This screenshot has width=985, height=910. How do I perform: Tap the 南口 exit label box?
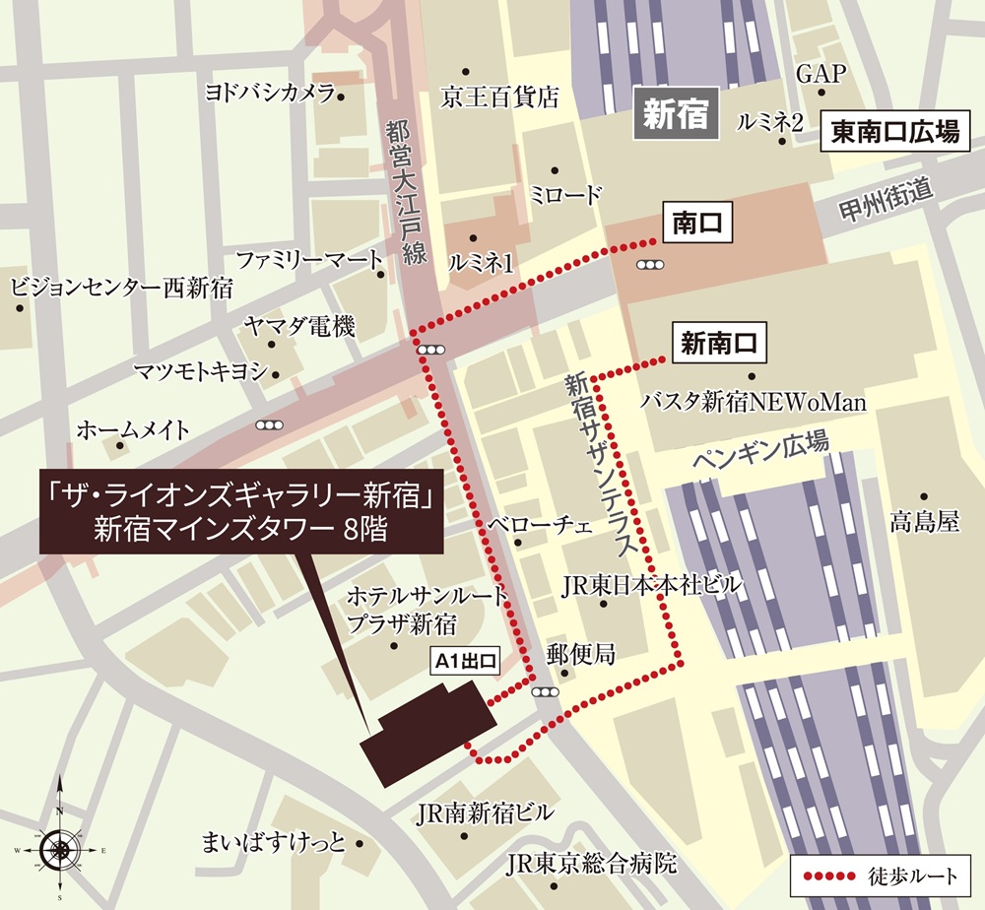point(697,225)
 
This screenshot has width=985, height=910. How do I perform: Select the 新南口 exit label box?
point(718,344)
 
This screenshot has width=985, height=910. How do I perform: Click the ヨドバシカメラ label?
point(268,94)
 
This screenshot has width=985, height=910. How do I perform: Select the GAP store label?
point(821,74)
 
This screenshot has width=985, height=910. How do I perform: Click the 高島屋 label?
point(923,521)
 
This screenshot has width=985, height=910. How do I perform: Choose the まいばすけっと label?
point(273,843)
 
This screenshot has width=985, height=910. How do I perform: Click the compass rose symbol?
point(59,846)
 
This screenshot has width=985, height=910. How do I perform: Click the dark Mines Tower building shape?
point(428,734)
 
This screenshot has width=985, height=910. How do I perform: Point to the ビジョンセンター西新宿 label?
point(121,288)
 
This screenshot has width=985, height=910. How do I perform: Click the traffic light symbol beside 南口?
point(649,264)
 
